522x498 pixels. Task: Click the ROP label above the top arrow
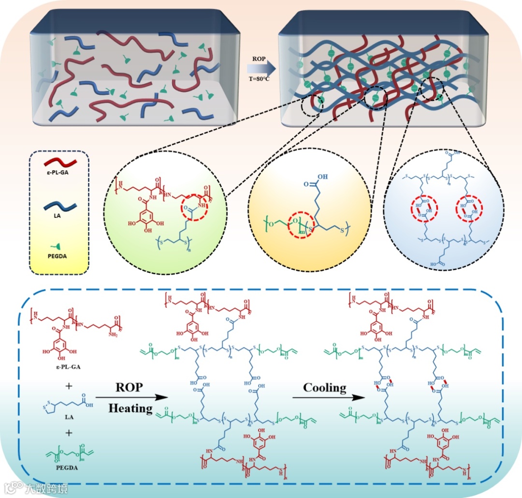(x=259, y=59)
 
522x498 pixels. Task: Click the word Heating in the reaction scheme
(x=130, y=408)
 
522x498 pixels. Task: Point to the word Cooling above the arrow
(x=325, y=388)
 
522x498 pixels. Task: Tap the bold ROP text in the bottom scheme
(x=130, y=388)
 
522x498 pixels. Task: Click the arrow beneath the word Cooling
(x=329, y=398)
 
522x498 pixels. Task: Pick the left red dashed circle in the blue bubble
(x=421, y=209)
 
